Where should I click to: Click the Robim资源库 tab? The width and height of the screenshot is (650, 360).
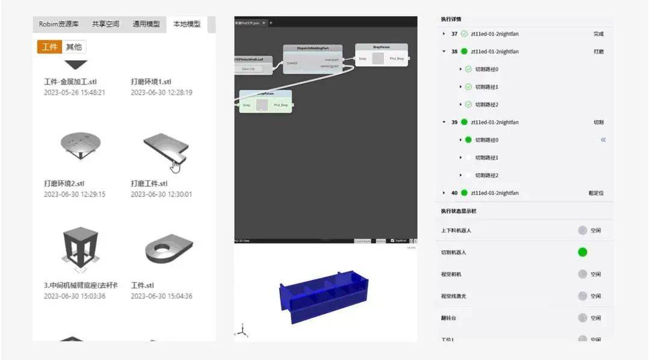point(58,24)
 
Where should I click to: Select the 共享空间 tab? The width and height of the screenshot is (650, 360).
point(105,24)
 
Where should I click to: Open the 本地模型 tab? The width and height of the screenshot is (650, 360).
point(187,24)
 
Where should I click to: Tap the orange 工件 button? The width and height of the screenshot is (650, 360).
point(49,47)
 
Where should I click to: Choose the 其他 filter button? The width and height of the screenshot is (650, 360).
point(74,47)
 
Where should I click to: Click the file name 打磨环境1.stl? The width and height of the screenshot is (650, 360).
point(151,82)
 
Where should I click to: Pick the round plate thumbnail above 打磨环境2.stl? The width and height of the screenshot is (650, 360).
point(81,145)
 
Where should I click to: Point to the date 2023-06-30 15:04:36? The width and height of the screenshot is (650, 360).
point(161,296)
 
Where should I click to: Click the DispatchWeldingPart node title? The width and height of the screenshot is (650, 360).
point(312,48)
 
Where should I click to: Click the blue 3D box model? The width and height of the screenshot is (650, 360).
point(323,294)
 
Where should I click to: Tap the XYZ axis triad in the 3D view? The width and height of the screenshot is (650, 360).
point(241,331)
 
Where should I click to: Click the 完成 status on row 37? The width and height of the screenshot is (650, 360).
point(598,34)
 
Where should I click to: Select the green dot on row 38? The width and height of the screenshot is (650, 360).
point(464,52)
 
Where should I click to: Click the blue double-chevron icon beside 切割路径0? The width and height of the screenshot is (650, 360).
point(603,140)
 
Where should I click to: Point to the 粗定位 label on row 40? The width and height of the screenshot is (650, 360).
point(596,193)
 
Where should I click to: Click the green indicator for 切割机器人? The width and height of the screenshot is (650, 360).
point(583,252)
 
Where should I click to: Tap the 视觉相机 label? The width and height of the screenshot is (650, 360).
point(451,275)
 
